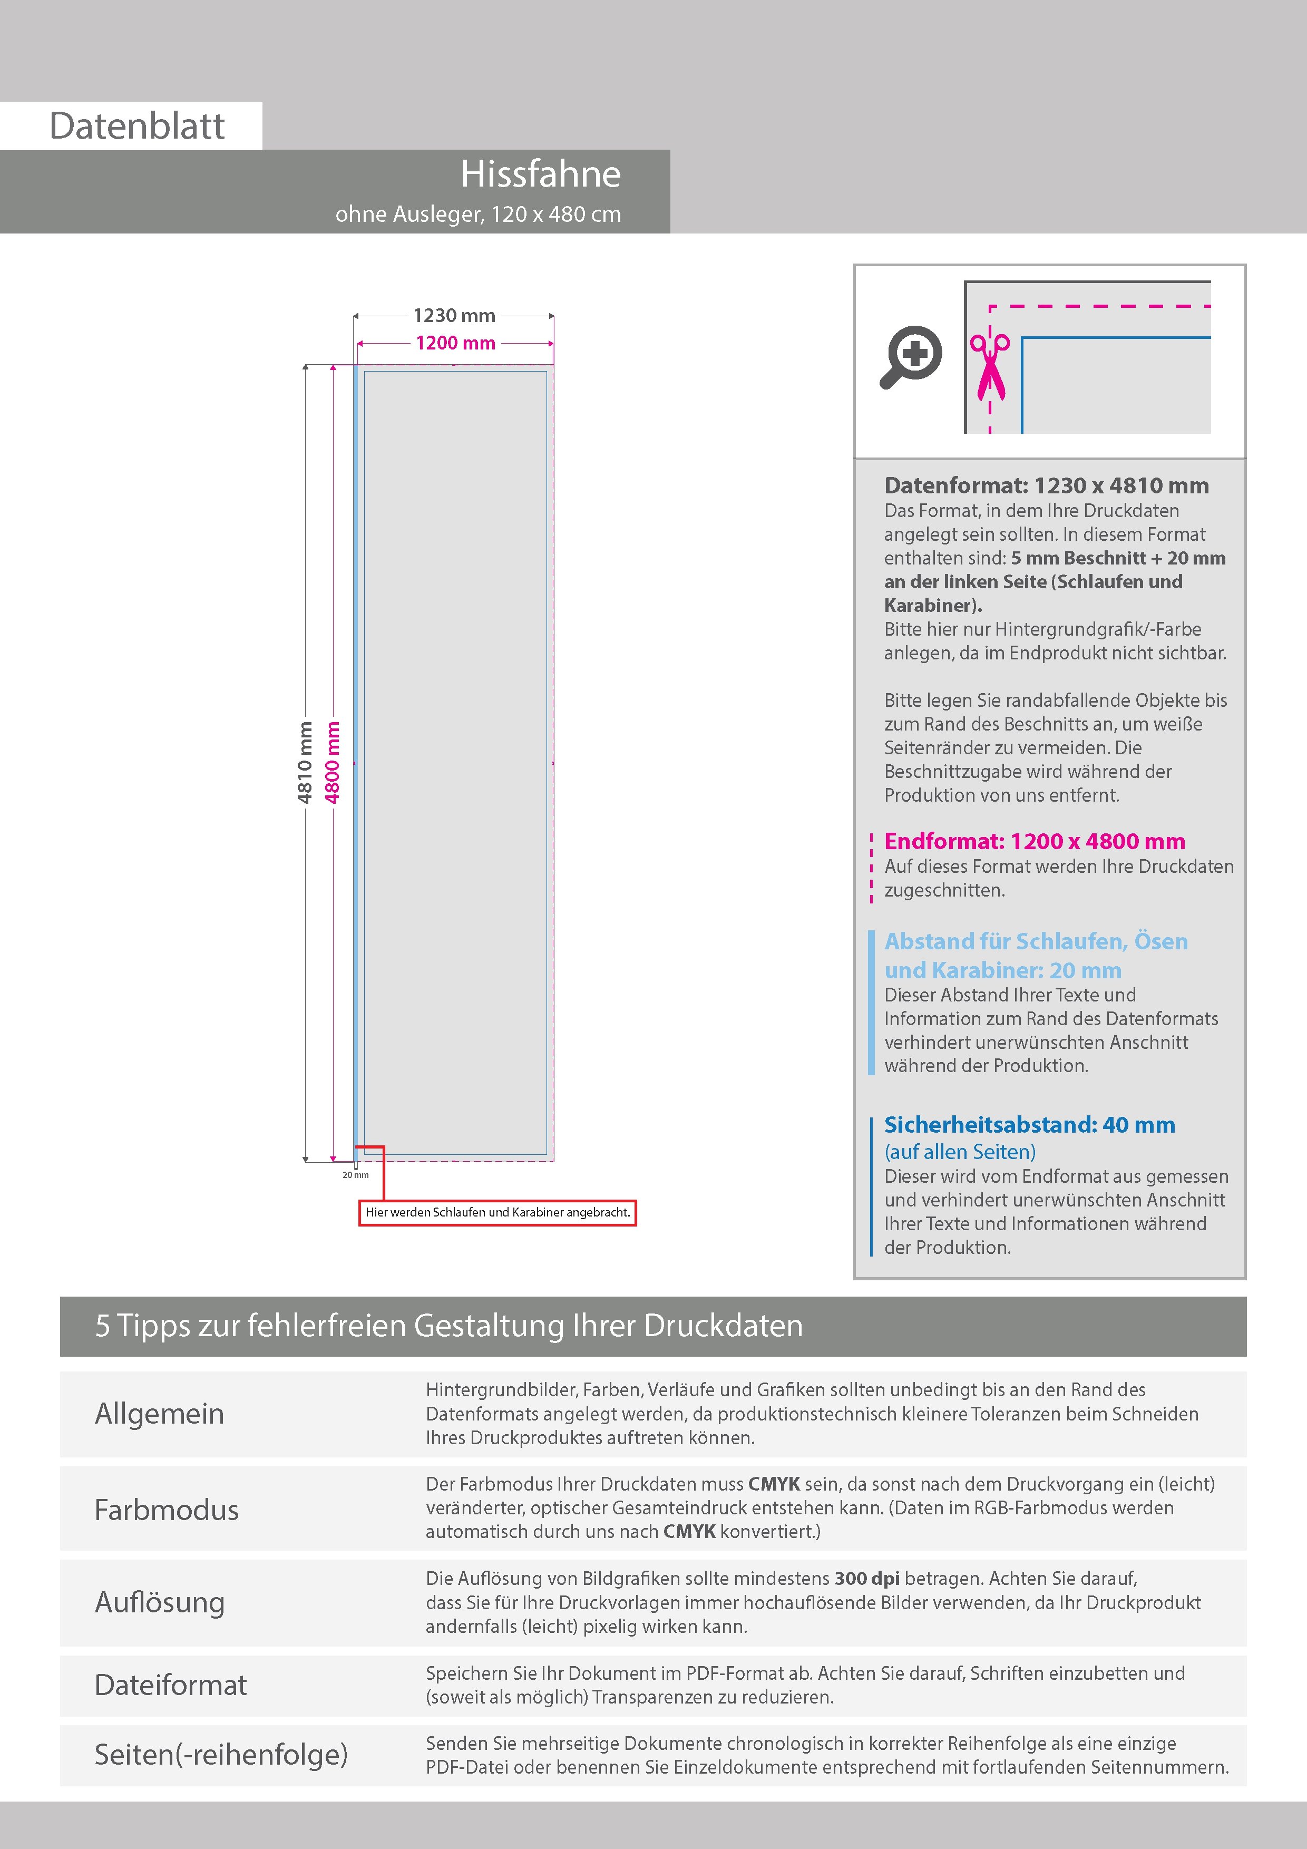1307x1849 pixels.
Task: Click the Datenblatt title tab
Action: [137, 125]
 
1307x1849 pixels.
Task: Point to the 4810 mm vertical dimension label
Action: [305, 762]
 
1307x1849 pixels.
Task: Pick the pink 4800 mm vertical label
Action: [332, 762]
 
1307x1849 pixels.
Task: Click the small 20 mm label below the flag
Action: [355, 1175]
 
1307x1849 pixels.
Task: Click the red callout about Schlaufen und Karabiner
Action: [498, 1212]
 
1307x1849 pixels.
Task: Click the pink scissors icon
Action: [990, 366]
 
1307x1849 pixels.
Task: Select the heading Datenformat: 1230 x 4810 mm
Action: [1046, 485]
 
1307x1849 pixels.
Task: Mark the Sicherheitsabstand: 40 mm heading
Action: [1029, 1124]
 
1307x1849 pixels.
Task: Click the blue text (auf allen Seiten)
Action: [960, 1152]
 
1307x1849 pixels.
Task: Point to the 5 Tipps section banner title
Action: [448, 1326]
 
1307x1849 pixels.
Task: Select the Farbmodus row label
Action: [167, 1509]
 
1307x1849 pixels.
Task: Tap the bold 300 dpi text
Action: [867, 1579]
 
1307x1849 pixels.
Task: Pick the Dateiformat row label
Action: [171, 1685]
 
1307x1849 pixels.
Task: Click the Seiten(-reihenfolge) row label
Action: [221, 1754]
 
